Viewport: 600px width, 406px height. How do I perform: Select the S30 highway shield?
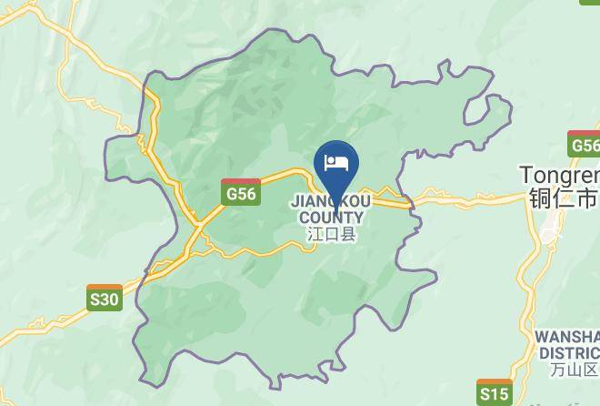click(x=105, y=298)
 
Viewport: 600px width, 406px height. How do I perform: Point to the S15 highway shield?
click(x=494, y=392)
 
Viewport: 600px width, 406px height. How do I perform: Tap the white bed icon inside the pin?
click(x=336, y=163)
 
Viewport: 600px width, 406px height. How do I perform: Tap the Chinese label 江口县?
click(x=331, y=234)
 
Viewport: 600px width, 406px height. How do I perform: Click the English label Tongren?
click(x=559, y=174)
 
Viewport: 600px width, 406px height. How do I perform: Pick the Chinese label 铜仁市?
click(x=562, y=198)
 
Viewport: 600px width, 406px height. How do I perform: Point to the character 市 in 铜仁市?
click(x=588, y=198)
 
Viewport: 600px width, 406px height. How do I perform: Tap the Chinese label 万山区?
click(x=575, y=370)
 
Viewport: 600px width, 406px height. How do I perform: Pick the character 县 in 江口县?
click(x=348, y=234)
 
